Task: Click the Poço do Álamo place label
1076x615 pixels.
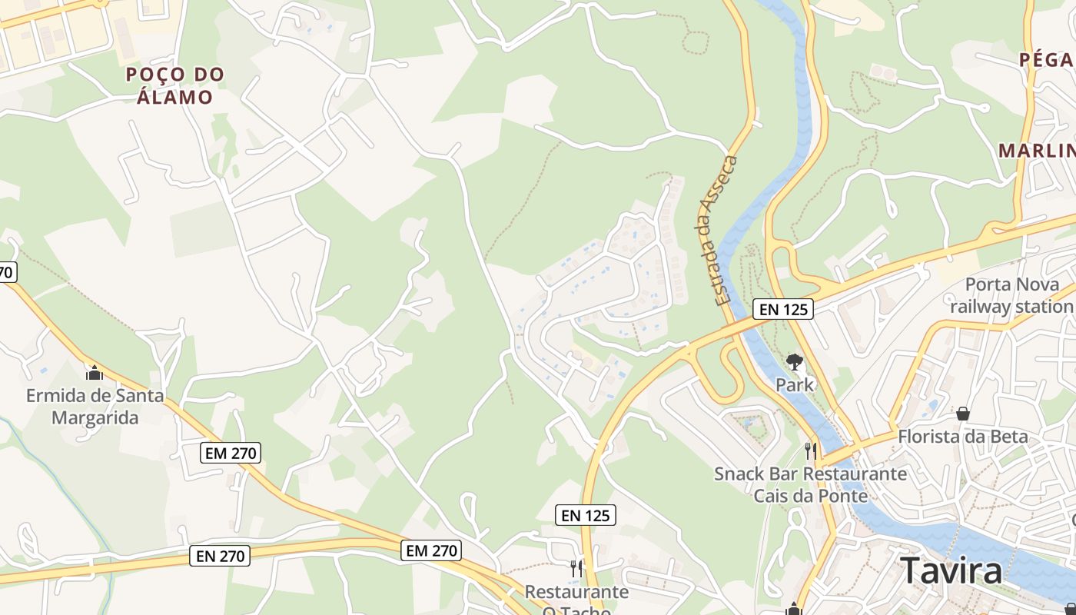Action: pyautogui.click(x=174, y=85)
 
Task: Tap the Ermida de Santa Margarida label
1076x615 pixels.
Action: pyautogui.click(x=95, y=407)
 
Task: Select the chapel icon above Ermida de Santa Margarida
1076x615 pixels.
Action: pyautogui.click(x=95, y=374)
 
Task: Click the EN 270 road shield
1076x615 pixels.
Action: pyautogui.click(x=220, y=555)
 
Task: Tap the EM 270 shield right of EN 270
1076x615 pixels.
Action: pyautogui.click(x=430, y=550)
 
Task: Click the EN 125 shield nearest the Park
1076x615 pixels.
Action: pyautogui.click(x=782, y=309)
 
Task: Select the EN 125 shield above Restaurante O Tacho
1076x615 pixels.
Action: pyautogui.click(x=586, y=515)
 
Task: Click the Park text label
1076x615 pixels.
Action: pyautogui.click(x=795, y=384)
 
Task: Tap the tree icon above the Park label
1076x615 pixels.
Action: pyautogui.click(x=795, y=361)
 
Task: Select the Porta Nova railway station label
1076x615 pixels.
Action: pyautogui.click(x=1011, y=295)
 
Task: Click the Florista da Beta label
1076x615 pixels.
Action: pyautogui.click(x=963, y=436)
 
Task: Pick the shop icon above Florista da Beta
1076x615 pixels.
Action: pyautogui.click(x=963, y=414)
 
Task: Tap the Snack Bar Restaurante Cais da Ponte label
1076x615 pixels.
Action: pyautogui.click(x=810, y=484)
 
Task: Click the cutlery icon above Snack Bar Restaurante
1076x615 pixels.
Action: pyautogui.click(x=810, y=450)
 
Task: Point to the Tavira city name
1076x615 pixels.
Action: pyautogui.click(x=951, y=571)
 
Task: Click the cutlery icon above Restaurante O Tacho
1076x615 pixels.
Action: pyautogui.click(x=576, y=568)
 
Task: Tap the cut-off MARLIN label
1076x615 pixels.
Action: pyautogui.click(x=1037, y=150)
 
